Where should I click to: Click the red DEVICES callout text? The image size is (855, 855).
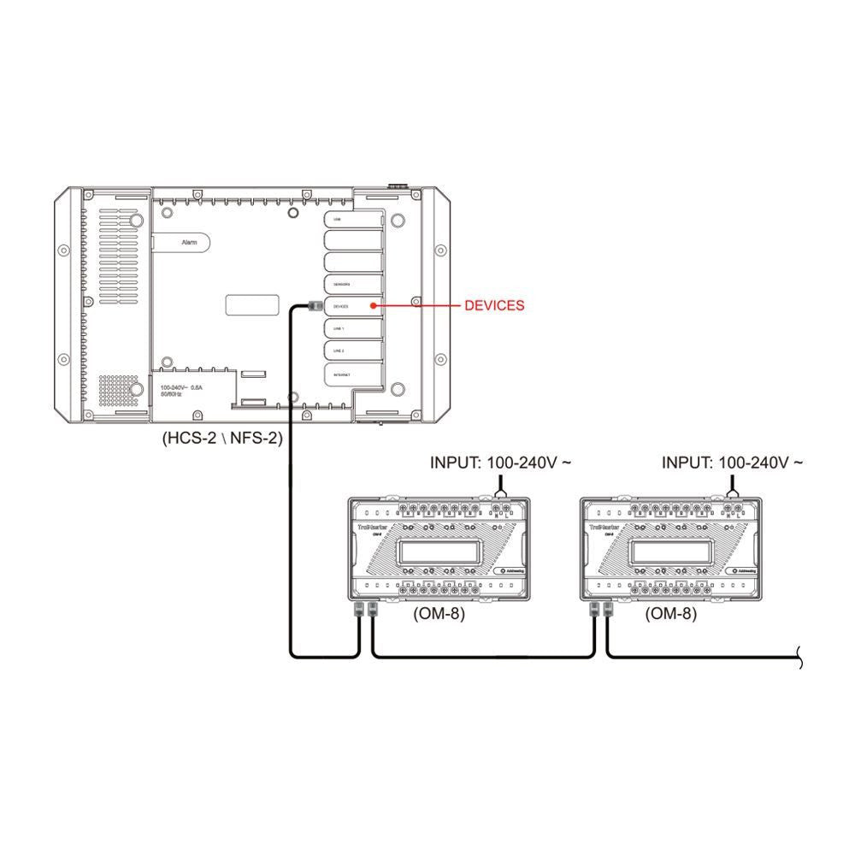pos(494,305)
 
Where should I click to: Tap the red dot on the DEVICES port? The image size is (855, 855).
pos(374,305)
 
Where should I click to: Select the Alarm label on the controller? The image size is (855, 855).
pos(190,243)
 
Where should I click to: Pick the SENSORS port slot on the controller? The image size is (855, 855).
pos(351,282)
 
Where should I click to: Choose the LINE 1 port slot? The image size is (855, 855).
pos(351,328)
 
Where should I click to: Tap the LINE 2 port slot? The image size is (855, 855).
pos(351,351)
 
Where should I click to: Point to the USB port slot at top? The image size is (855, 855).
pos(351,220)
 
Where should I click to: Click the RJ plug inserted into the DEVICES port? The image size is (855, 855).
pos(313,305)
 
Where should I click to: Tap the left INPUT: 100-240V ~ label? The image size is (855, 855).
pos(501,463)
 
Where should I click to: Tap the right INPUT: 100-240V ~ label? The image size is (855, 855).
pos(733,463)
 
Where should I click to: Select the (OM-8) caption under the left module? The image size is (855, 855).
pos(439,613)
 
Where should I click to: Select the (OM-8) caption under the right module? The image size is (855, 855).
pos(670,613)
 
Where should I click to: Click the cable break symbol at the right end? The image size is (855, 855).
pos(799,657)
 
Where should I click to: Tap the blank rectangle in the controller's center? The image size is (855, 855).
pos(252,306)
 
